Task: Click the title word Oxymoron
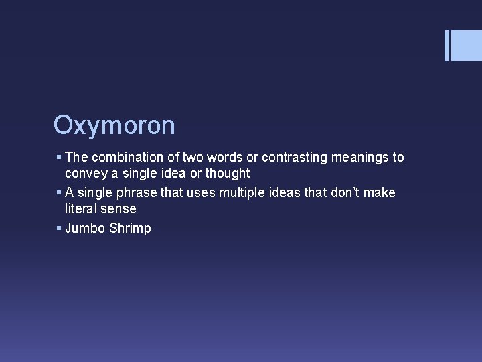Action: pyautogui.click(x=114, y=125)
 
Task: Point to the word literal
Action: pyautogui.click(x=82, y=209)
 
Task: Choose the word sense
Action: pyautogui.click(x=119, y=209)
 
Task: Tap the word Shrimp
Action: pyautogui.click(x=130, y=229)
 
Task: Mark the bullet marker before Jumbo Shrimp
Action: pyautogui.click(x=59, y=229)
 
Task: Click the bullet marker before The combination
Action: pyautogui.click(x=59, y=158)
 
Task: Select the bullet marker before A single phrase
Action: pyautogui.click(x=59, y=193)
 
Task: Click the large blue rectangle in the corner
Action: pyautogui.click(x=467, y=46)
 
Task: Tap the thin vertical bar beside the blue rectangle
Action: pyautogui.click(x=447, y=46)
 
